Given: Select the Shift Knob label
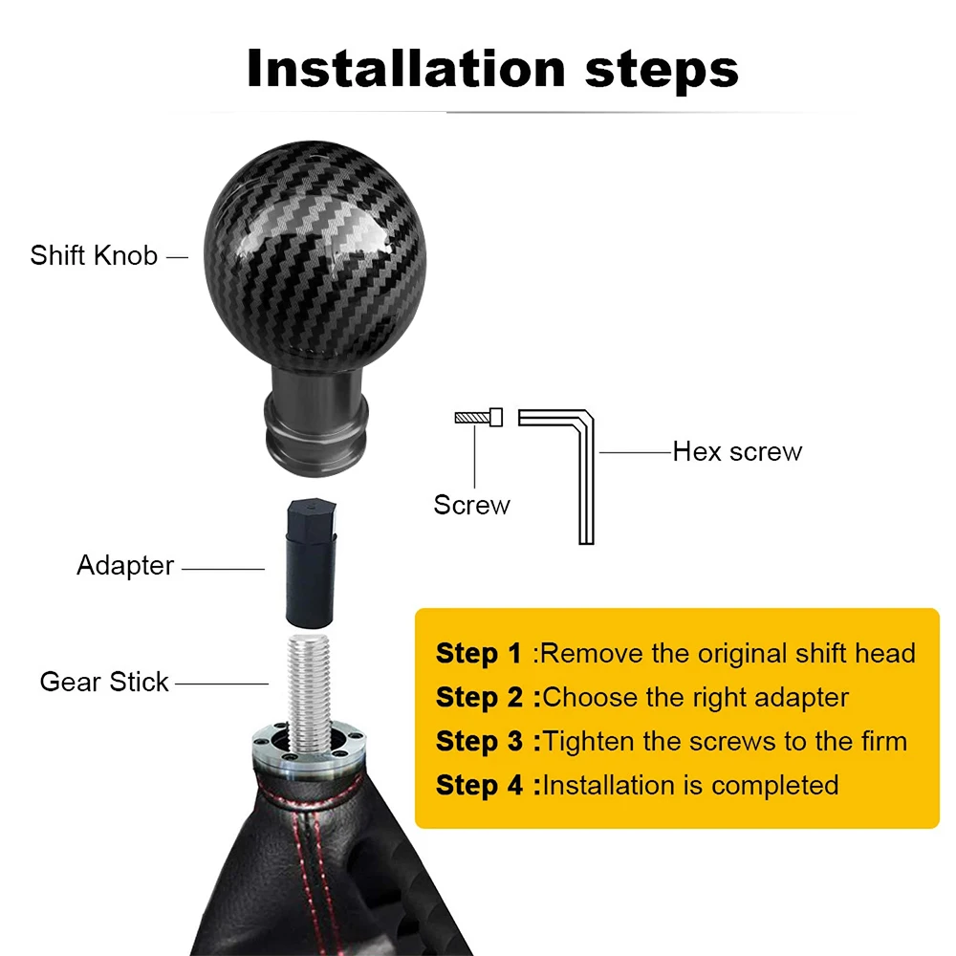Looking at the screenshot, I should tap(94, 256).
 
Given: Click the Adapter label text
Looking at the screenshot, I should tap(125, 566).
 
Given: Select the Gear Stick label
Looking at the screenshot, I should tap(104, 683).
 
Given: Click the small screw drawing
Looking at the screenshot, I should tap(479, 417).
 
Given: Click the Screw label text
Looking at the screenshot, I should tap(471, 505).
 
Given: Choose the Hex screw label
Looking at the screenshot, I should tap(737, 451).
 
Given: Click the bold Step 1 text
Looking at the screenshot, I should tap(478, 654).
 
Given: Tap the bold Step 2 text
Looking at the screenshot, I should tap(478, 698).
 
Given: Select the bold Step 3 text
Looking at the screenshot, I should tap(478, 742).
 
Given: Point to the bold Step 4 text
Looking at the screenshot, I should tap(478, 786).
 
